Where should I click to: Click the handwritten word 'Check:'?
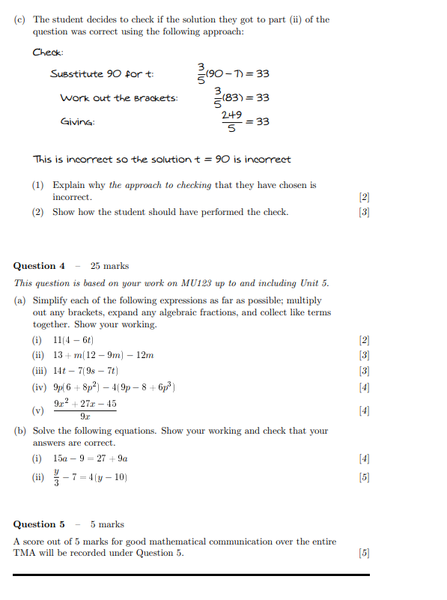48,52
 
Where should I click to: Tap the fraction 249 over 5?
231,121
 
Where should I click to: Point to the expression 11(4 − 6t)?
73,340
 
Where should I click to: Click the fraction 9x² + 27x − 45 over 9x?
85,410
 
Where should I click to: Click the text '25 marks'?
109,266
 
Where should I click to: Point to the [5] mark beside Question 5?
364,554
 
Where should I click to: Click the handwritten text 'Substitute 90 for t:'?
102,74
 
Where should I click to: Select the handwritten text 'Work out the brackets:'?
119,98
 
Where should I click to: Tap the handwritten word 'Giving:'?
78,121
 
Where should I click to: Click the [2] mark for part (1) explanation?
364,197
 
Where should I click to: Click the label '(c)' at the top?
20,19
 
